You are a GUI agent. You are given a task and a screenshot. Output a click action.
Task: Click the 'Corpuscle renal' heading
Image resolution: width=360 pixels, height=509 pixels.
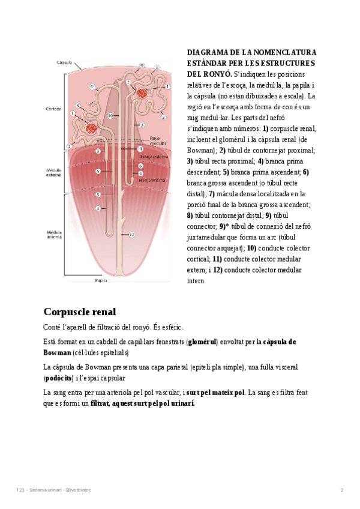(x=79, y=312)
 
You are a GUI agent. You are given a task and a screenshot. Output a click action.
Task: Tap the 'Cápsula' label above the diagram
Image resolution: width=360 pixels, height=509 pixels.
(x=64, y=62)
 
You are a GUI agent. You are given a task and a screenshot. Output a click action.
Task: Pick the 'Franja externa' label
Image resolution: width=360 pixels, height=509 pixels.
(x=152, y=157)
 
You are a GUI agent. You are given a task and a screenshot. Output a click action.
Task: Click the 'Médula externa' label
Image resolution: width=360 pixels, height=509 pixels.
(x=54, y=173)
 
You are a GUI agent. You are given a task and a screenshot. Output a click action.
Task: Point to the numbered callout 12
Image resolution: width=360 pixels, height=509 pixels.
(x=132, y=234)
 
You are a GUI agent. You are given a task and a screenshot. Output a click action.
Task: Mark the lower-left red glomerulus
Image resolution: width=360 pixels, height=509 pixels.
(x=92, y=128)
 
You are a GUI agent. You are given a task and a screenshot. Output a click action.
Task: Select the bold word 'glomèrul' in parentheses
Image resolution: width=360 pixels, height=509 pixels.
(x=202, y=342)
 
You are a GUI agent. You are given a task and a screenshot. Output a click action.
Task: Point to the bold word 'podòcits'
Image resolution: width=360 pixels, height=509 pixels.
(x=58, y=379)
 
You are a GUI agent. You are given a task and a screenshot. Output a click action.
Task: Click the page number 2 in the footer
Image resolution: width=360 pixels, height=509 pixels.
(x=342, y=490)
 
